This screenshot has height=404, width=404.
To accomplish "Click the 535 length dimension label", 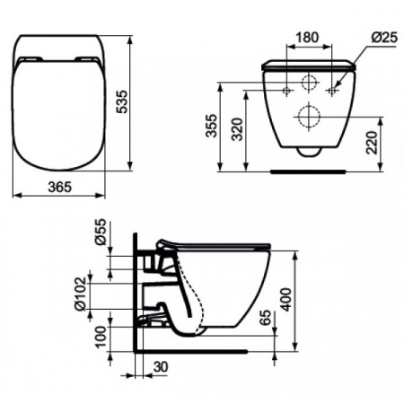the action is point(122,101).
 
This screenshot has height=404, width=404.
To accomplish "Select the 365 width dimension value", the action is point(60,188).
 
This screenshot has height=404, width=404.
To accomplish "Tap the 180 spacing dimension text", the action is point(307,38).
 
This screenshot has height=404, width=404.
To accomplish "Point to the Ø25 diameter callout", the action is point(384,38).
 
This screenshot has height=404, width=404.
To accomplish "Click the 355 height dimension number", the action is point(212,126).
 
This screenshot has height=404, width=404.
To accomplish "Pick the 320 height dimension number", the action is point(238,129).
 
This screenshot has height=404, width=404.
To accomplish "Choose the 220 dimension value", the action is point(372,143).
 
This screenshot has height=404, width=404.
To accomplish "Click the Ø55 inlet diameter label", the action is point(101,232).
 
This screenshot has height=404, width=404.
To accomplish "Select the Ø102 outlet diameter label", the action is point(80,294).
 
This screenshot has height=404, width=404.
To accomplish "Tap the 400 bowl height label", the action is point(286,300).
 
